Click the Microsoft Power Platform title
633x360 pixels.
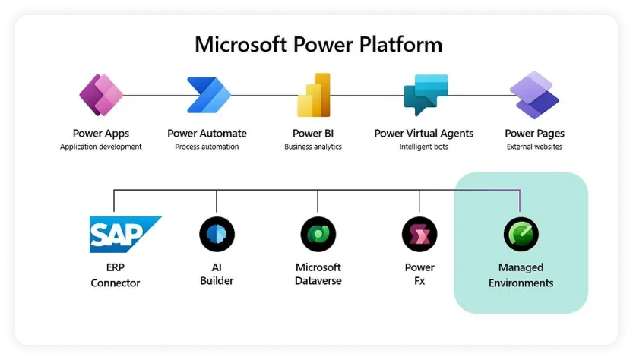318,44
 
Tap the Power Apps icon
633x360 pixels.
101,95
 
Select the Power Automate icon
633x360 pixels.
207,95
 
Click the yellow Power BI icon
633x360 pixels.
313,95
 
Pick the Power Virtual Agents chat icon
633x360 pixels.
424,95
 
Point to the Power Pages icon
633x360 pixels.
534,95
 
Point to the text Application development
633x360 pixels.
101,147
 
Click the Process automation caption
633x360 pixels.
207,147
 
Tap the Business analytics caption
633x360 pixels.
313,147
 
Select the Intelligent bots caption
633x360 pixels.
424,147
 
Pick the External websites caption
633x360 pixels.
534,147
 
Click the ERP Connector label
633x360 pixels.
116,275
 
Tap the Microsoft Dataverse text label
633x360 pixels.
318,274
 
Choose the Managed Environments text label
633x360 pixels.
521,275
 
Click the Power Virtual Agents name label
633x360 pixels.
424,134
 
